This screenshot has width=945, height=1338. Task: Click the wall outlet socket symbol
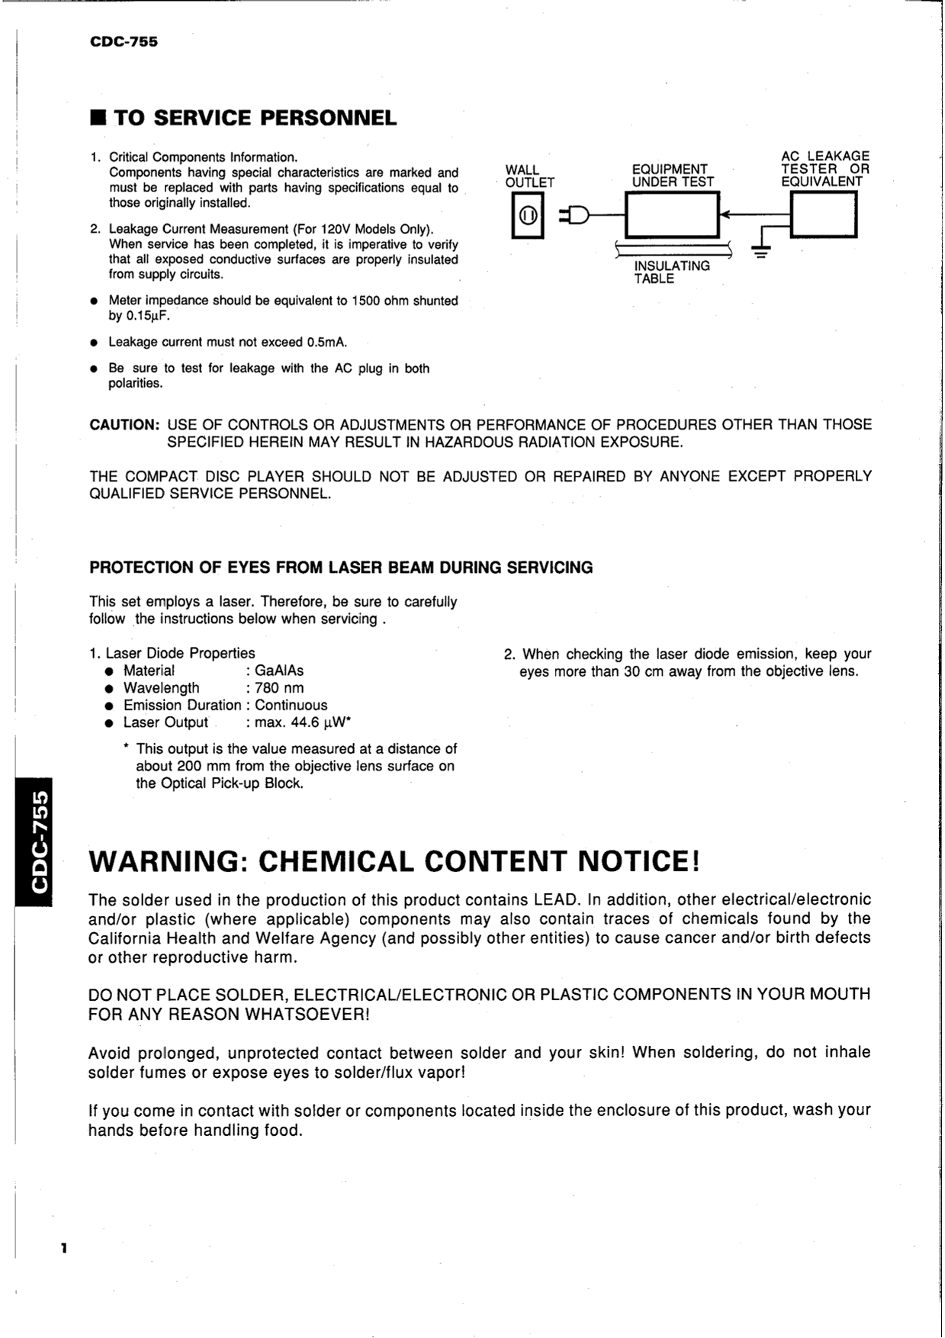pos(527,216)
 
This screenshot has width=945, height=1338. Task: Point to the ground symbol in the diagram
pos(760,252)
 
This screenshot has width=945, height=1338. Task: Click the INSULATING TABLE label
pos(671,272)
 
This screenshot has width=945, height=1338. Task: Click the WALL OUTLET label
pos(529,176)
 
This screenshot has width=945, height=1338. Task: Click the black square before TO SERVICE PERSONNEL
pos(97,118)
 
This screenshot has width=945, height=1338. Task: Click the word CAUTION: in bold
pos(124,425)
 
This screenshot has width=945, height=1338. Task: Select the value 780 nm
pos(279,688)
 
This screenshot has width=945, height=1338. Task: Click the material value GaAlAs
pos(279,671)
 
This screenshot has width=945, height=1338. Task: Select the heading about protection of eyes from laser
pos(341,568)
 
